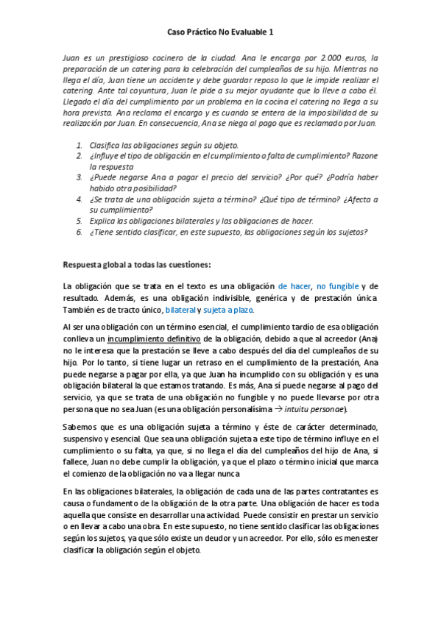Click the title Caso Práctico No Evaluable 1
(x=220, y=32)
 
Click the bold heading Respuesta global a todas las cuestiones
(x=137, y=264)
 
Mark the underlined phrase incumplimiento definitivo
(x=154, y=338)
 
